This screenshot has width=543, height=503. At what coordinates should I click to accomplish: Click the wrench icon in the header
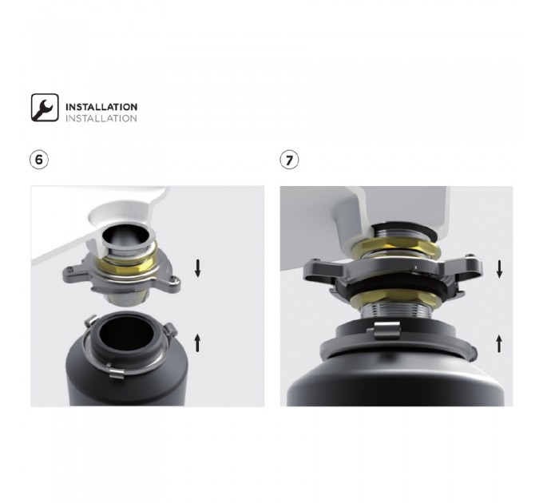pos(45,107)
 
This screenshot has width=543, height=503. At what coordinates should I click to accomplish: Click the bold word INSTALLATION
pos(101,107)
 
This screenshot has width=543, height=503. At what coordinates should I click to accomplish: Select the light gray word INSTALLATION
pos(101,118)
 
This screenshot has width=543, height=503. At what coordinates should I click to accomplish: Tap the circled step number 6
pos(39,160)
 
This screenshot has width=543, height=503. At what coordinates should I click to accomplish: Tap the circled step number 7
pos(289,160)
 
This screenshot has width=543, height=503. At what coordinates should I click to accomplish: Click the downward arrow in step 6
pos(198,268)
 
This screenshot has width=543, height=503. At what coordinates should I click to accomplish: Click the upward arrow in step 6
pos(197,343)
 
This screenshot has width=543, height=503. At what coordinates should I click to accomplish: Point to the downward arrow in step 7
pos(499,269)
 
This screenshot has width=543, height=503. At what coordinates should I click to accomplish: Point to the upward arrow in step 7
pos(499,343)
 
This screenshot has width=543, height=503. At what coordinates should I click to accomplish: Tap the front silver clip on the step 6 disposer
pos(116,371)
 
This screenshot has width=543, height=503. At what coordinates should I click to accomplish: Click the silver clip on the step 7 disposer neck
pos(387,330)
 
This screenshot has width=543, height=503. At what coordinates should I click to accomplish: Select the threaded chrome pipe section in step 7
pos(395,310)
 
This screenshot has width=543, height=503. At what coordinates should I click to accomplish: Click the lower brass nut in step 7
pos(396,299)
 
